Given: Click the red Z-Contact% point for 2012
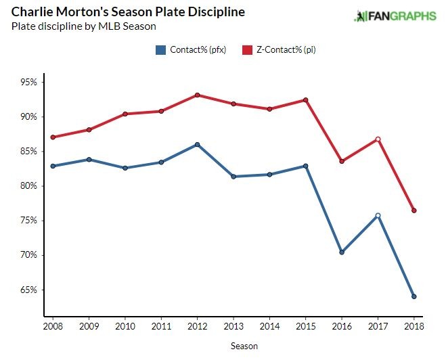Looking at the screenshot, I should (x=197, y=95).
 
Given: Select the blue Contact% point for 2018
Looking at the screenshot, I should (x=414, y=296).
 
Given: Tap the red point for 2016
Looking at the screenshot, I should (x=342, y=161).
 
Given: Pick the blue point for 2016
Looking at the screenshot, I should (x=342, y=252).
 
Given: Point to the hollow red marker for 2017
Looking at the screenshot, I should (x=378, y=139).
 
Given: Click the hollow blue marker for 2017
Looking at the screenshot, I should (x=378, y=216).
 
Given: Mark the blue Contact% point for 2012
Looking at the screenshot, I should (x=197, y=144).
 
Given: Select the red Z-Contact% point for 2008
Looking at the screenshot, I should (x=53, y=137).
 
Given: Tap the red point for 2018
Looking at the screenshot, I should (x=414, y=210).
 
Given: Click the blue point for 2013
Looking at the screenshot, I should (x=233, y=177).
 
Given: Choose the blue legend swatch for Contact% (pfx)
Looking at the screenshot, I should (x=161, y=49).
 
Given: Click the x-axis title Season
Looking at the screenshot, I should (x=243, y=346).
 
